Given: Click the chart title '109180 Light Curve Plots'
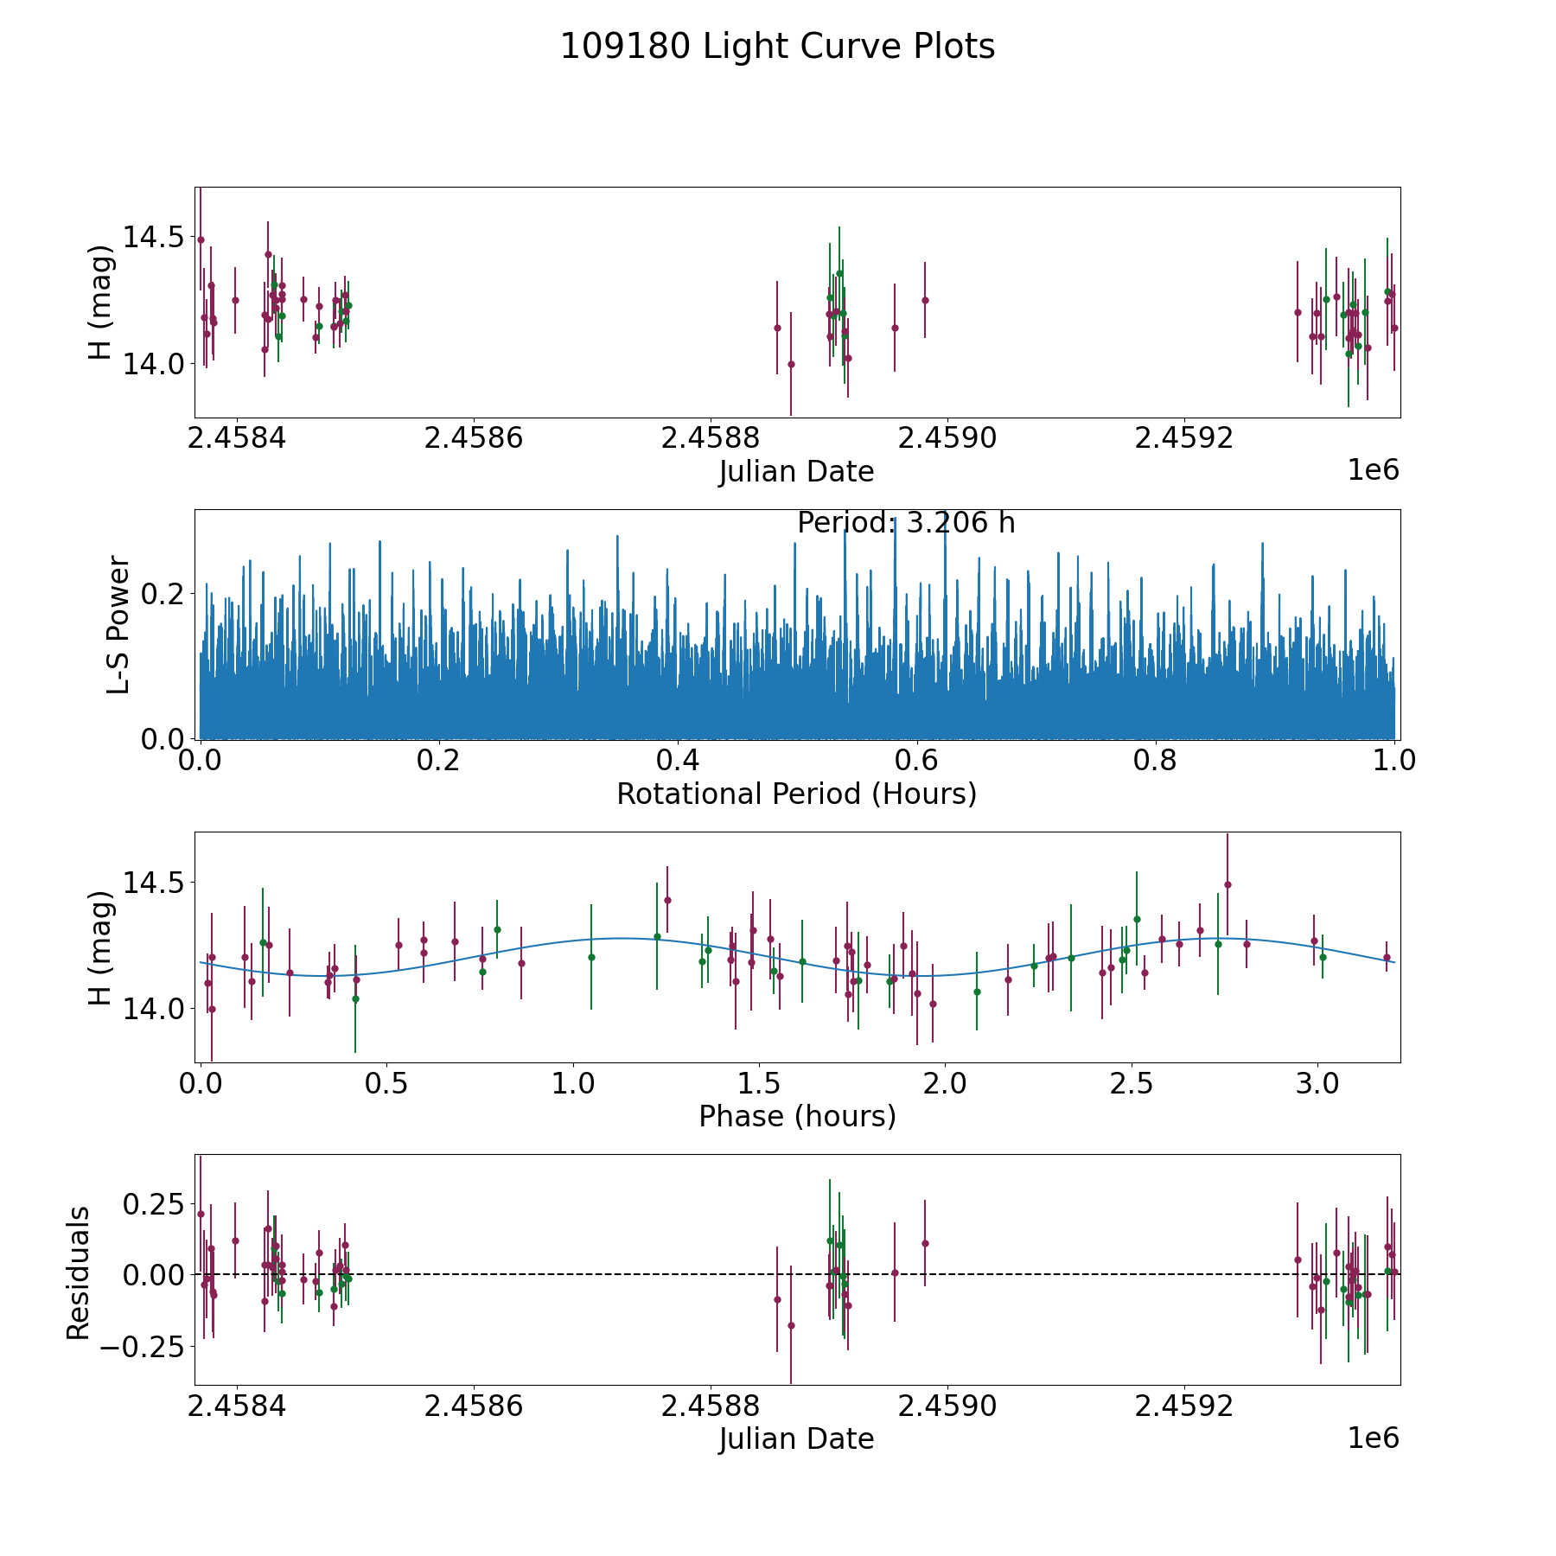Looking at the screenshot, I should pyautogui.click(x=777, y=47).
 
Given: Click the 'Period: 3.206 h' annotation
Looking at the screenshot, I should pyautogui.click(x=905, y=523).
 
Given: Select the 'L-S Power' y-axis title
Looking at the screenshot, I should pyautogui.click(x=118, y=624).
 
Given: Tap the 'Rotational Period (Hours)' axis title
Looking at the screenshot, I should pyautogui.click(x=796, y=794).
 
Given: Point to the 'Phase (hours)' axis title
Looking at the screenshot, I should pyautogui.click(x=797, y=1116).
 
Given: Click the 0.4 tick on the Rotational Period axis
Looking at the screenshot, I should pyautogui.click(x=678, y=761).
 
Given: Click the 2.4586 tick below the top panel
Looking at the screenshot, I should pyautogui.click(x=474, y=438).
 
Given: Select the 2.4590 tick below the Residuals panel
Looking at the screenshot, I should pyautogui.click(x=948, y=1406).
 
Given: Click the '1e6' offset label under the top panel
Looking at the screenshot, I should pyautogui.click(x=1373, y=470).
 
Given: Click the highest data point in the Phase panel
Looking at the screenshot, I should pyautogui.click(x=1228, y=884).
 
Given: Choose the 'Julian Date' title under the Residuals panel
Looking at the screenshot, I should pyautogui.click(x=796, y=1438).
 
